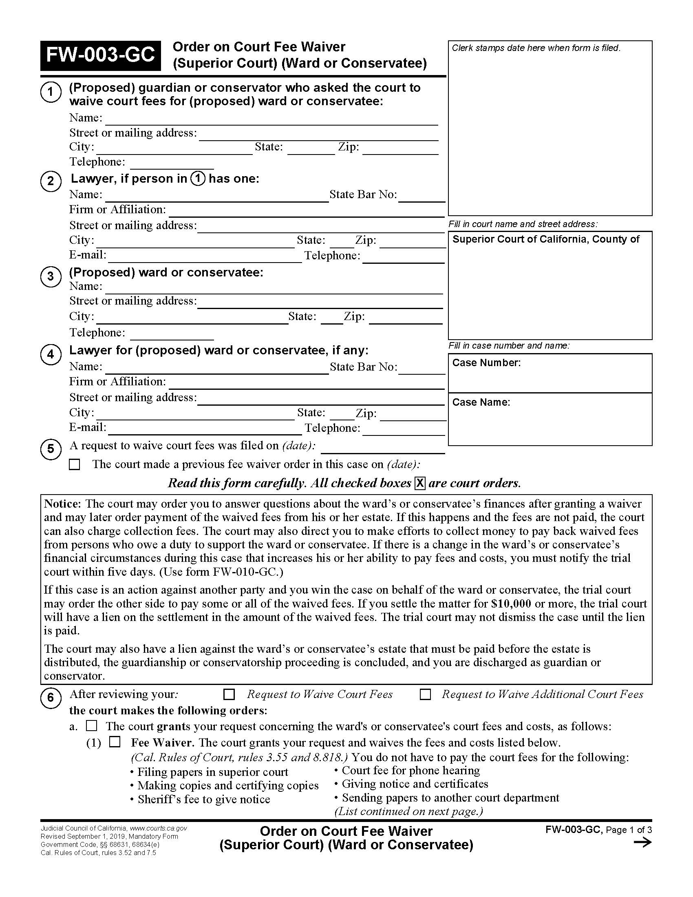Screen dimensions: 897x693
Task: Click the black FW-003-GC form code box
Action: [x=100, y=55]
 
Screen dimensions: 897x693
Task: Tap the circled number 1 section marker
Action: [x=51, y=92]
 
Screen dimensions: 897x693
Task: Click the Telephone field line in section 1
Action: [x=172, y=164]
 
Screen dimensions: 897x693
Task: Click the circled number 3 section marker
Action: [x=51, y=276]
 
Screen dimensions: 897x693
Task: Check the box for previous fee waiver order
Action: [x=75, y=464]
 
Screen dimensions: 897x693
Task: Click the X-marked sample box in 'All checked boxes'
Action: [x=419, y=484]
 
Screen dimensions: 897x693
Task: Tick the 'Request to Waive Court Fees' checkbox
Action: [x=229, y=694]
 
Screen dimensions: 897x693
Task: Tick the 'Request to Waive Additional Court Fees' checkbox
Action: [x=425, y=694]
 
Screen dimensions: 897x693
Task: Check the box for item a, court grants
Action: [x=92, y=726]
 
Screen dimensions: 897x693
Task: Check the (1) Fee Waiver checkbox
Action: [x=115, y=742]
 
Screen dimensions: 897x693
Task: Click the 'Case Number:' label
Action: [x=486, y=362]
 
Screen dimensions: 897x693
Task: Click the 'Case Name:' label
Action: [x=481, y=402]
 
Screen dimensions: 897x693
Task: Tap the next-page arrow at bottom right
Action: [x=642, y=842]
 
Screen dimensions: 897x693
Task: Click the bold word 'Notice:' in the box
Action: [x=62, y=504]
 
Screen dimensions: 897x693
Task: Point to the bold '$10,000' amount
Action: [x=511, y=604]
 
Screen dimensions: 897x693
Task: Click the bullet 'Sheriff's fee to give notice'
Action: [x=204, y=799]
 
